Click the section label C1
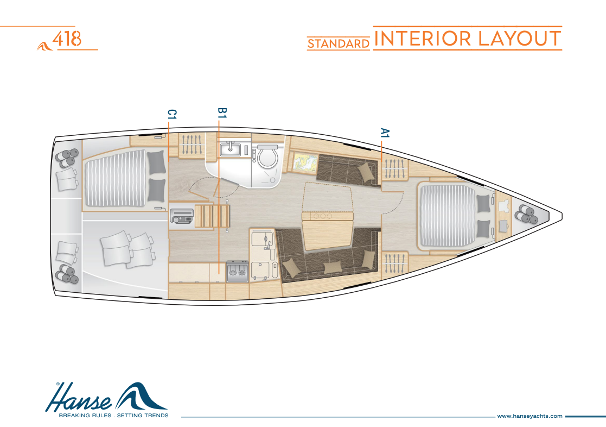172,114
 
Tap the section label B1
222,112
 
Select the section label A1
385,133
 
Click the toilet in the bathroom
267,155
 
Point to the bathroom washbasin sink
231,149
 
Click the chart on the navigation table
305,162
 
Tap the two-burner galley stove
237,271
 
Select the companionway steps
213,216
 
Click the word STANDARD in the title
339,44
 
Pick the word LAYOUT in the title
519,39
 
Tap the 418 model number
67,39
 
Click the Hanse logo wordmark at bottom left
79,398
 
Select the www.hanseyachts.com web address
530,416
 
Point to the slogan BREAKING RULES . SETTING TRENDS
113,416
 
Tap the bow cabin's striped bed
447,216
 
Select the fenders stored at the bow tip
526,214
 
